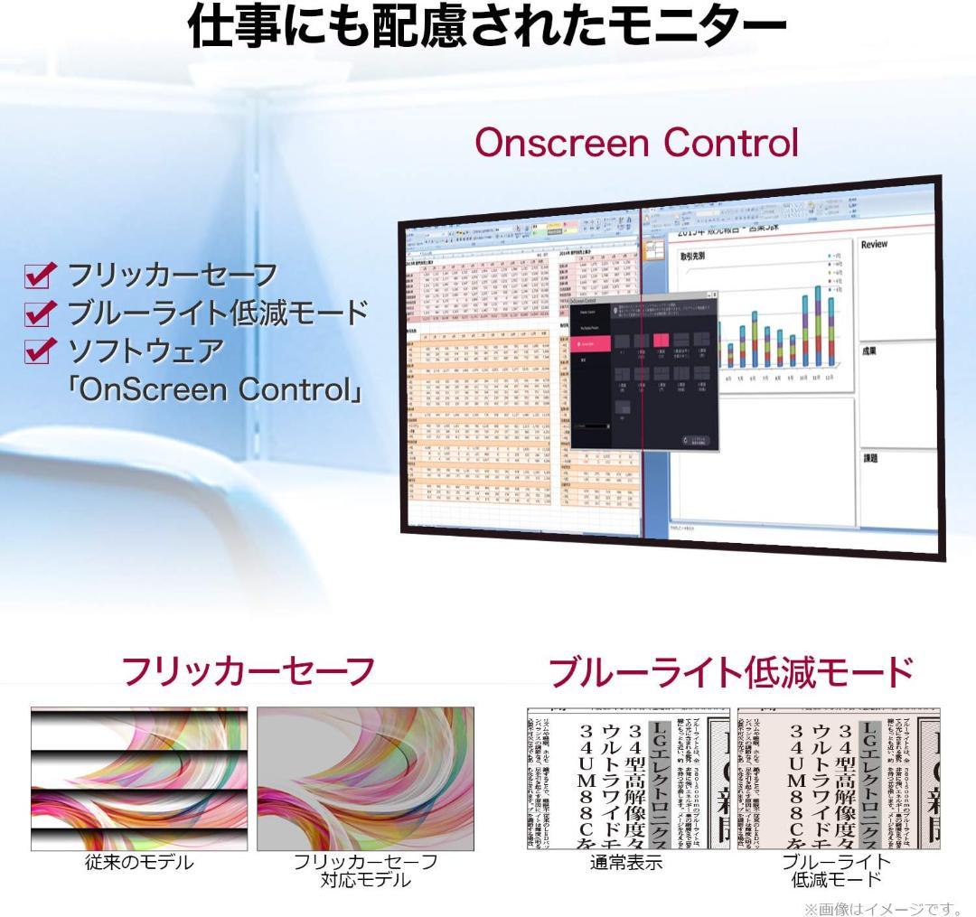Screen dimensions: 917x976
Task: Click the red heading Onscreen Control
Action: tap(636, 142)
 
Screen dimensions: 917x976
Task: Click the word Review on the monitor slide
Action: tap(874, 245)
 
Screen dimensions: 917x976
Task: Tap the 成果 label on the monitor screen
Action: tap(869, 351)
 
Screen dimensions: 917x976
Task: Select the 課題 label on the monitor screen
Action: tap(869, 458)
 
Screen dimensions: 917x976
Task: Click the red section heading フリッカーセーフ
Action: tap(248, 671)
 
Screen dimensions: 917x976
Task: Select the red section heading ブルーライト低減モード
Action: tap(731, 673)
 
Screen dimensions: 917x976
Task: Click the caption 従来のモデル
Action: tap(139, 862)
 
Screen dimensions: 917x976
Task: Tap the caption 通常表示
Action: tap(627, 862)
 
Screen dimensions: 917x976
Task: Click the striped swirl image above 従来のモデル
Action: tap(139, 779)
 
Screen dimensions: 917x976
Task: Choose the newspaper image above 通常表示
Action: tap(627, 779)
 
